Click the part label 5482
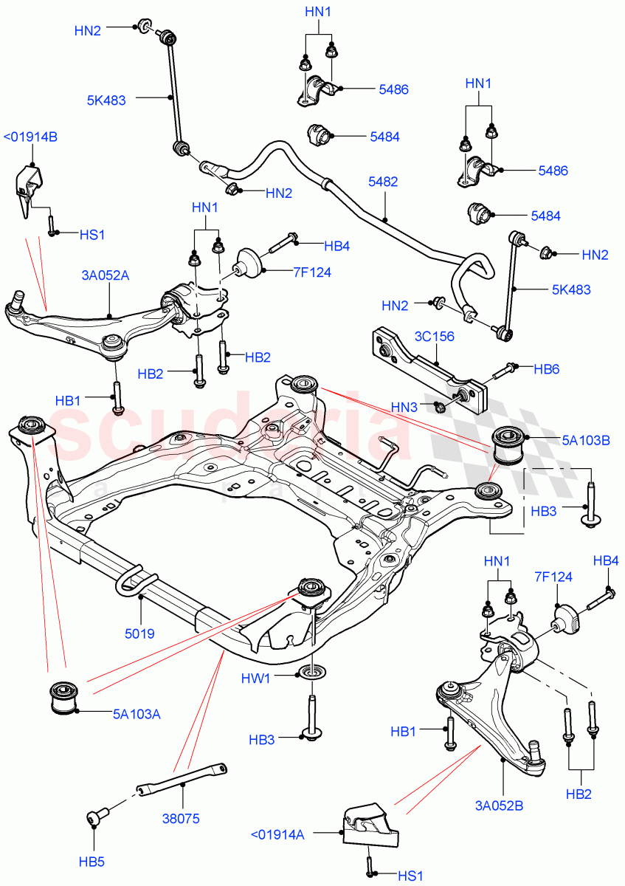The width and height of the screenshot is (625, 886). [383, 181]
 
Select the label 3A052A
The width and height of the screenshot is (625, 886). [106, 275]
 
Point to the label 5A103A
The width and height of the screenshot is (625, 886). [137, 714]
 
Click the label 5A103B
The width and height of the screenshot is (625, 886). [586, 441]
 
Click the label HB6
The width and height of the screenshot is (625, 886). [547, 367]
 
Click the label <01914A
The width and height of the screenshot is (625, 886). [277, 834]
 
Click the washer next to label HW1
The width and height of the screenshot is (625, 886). [311, 673]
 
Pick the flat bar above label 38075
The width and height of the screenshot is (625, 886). [181, 780]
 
